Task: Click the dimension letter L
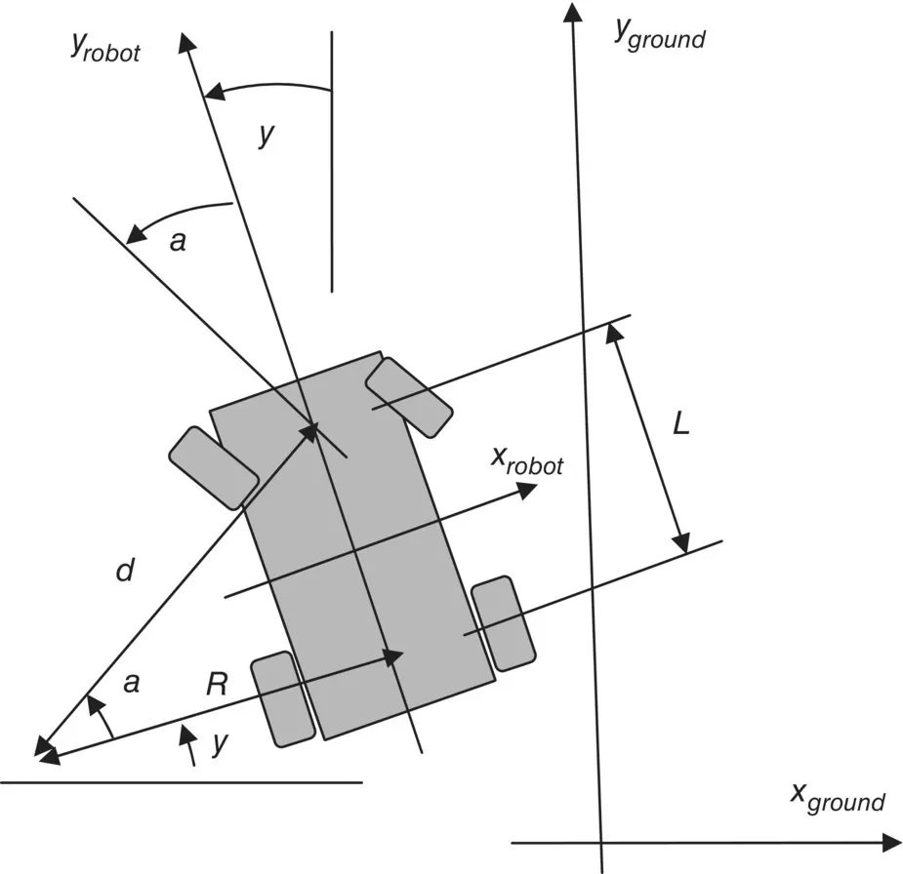[681, 425]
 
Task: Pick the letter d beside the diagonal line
[124, 570]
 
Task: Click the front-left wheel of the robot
[213, 466]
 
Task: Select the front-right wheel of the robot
[409, 396]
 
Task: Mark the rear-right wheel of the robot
[503, 623]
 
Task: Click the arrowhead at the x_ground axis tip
[890, 842]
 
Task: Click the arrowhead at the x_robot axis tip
[527, 487]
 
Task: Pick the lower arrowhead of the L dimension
[681, 542]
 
